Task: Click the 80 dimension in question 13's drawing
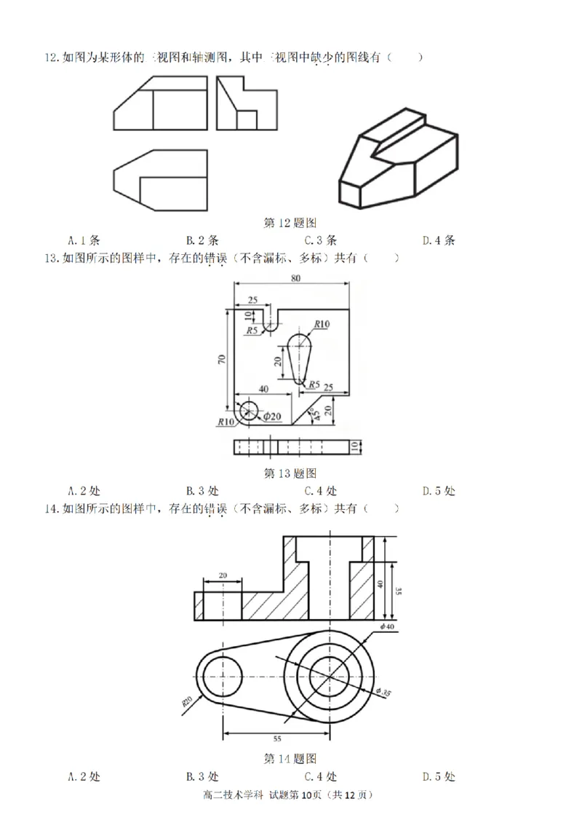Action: click(x=295, y=278)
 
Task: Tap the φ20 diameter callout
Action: click(x=272, y=416)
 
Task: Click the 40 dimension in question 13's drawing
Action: click(x=263, y=388)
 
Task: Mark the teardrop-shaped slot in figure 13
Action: click(x=299, y=358)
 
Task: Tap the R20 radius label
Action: click(x=187, y=702)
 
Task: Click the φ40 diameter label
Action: click(x=386, y=626)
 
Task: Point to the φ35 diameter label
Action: click(x=383, y=692)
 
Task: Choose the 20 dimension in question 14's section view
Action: click(x=222, y=575)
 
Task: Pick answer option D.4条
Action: click(x=438, y=240)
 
